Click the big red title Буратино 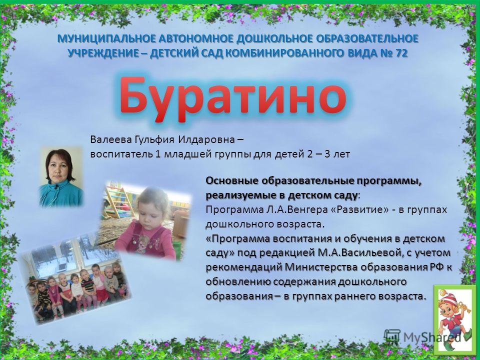[232, 98]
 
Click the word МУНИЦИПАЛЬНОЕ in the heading [106, 39]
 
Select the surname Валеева [110, 139]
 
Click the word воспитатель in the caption [121, 154]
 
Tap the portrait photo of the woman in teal [61, 176]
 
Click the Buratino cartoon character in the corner [454, 318]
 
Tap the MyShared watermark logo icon [392, 336]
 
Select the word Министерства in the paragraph [321, 267]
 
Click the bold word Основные [231, 181]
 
